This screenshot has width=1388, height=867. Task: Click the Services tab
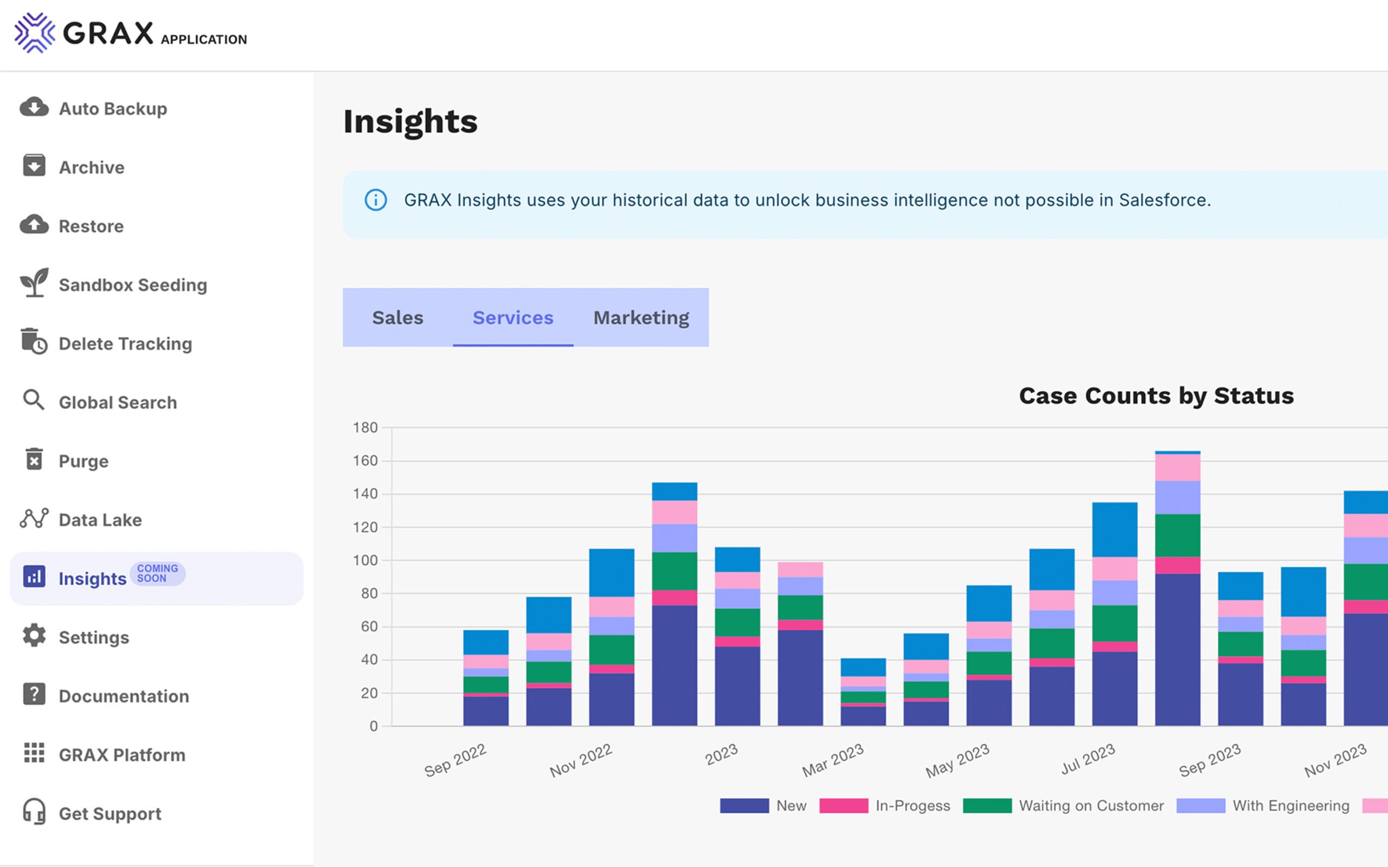(513, 318)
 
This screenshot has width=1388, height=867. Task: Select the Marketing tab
(641, 318)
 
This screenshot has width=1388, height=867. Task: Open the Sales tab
(397, 318)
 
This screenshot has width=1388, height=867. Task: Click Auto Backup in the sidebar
(112, 108)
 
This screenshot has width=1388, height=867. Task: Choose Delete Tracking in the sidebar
(125, 344)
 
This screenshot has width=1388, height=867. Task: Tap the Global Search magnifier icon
(33, 400)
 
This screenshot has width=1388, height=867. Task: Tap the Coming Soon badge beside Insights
(157, 573)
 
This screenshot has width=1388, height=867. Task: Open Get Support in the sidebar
(110, 813)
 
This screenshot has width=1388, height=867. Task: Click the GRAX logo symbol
(34, 33)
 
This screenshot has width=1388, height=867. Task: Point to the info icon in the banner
(376, 200)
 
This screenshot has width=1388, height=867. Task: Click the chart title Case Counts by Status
(1156, 396)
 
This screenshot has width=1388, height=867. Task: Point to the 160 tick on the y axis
(365, 461)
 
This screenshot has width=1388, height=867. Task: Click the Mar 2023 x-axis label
(833, 760)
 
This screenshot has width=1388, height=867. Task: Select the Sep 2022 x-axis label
(455, 760)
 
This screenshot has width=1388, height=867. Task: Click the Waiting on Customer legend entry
(1091, 806)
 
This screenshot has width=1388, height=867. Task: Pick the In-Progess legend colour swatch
(844, 806)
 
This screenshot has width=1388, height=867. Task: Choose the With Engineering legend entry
(1290, 806)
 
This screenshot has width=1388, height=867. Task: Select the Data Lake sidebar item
(100, 520)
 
